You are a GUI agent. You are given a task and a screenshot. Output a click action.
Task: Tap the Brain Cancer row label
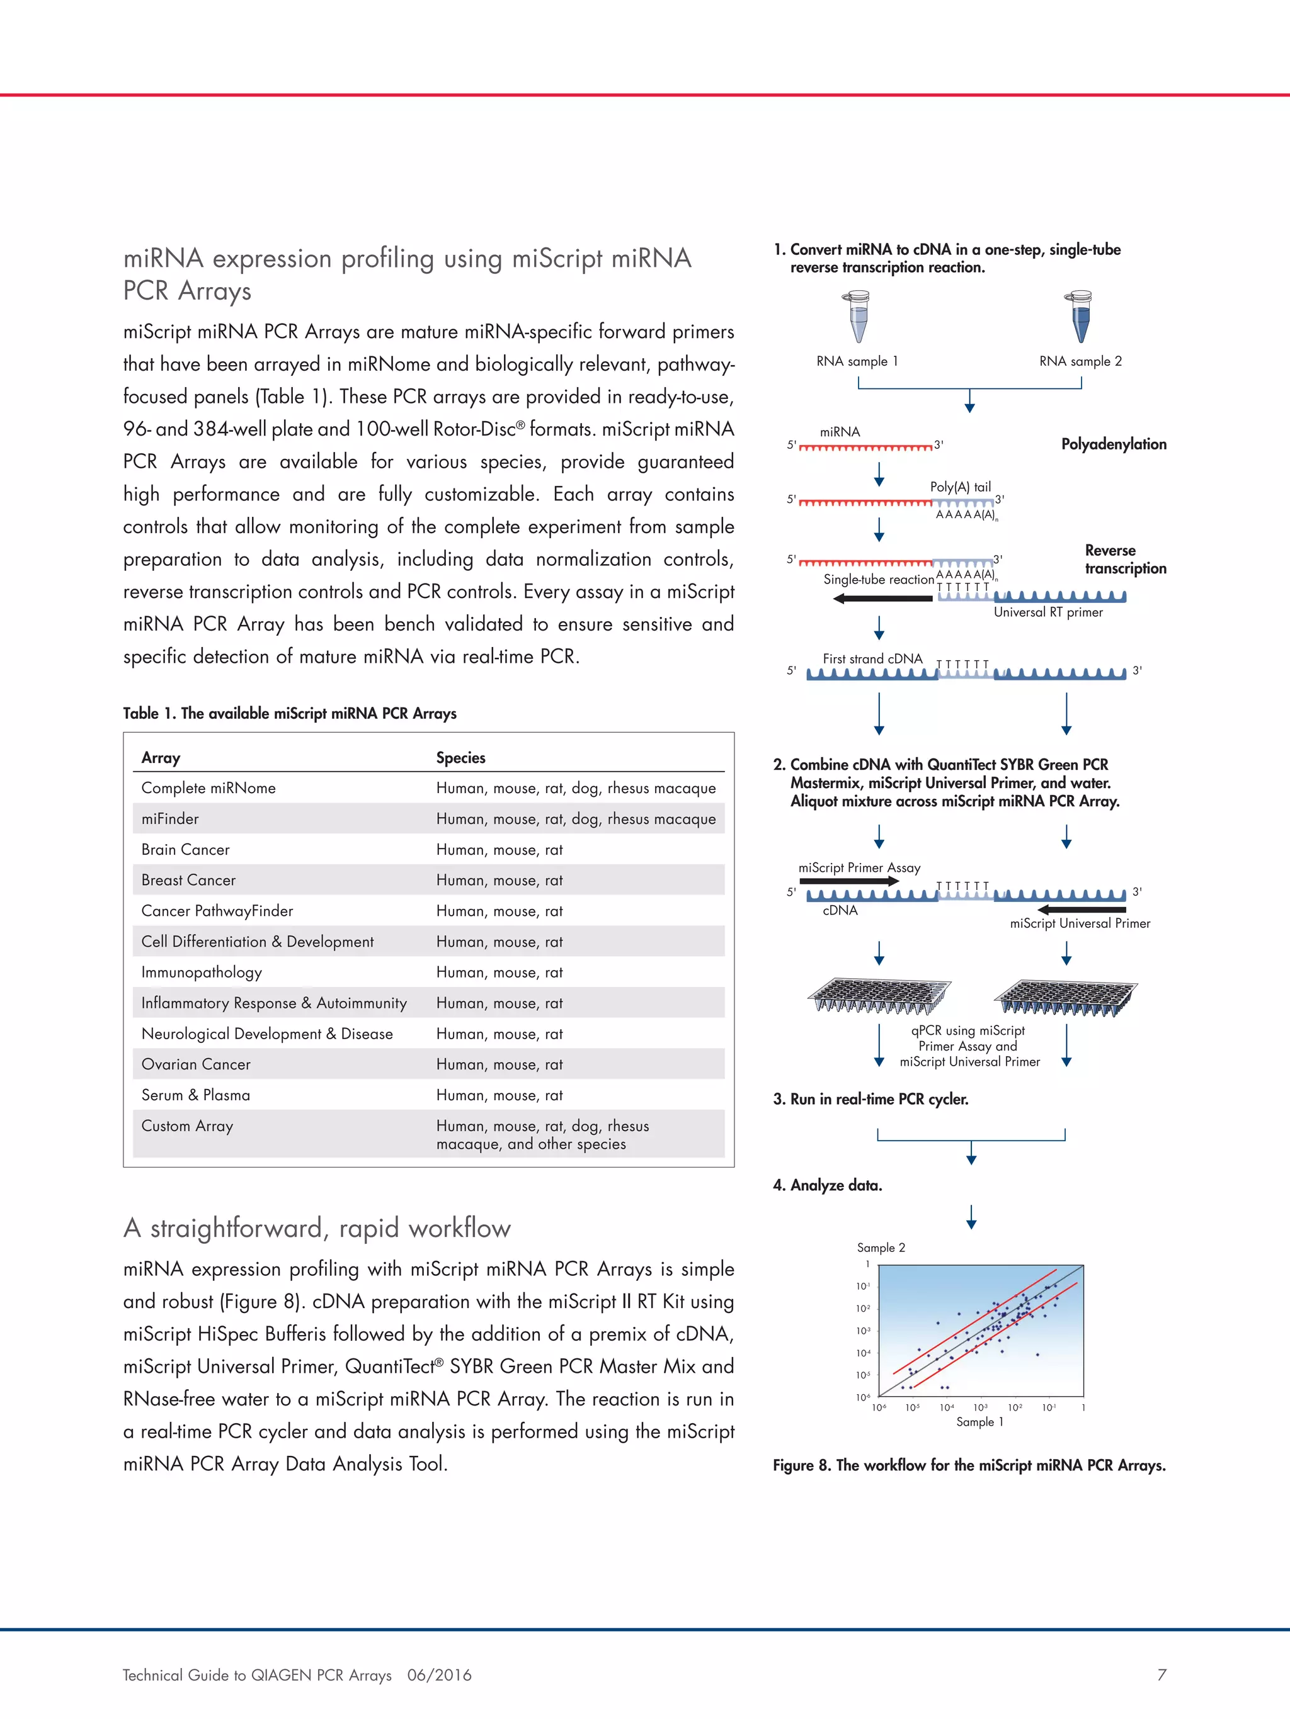pyautogui.click(x=185, y=849)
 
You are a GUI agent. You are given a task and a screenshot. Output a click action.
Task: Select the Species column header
pyautogui.click(x=460, y=758)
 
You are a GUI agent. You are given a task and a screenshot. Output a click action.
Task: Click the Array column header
pyautogui.click(x=161, y=758)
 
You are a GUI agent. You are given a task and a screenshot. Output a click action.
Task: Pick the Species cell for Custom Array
pyautogui.click(x=542, y=1135)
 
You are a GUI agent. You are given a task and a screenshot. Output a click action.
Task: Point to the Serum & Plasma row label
pyautogui.click(x=195, y=1095)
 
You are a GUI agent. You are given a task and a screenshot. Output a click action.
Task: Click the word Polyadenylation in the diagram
pyautogui.click(x=1114, y=444)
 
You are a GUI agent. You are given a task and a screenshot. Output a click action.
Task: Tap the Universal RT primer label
pyautogui.click(x=1048, y=612)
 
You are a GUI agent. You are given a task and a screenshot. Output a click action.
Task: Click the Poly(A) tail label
pyautogui.click(x=961, y=487)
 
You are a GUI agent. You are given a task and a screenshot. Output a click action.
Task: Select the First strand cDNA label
pyautogui.click(x=872, y=659)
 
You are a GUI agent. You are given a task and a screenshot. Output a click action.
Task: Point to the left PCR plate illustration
pyautogui.click(x=879, y=996)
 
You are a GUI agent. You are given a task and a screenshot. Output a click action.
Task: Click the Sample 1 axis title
pyautogui.click(x=979, y=1421)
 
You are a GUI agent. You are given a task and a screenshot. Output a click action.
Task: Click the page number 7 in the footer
pyautogui.click(x=1162, y=1675)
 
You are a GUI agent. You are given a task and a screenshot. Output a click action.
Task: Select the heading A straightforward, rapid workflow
pyautogui.click(x=316, y=1228)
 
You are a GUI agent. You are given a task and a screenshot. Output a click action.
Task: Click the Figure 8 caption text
pyautogui.click(x=969, y=1465)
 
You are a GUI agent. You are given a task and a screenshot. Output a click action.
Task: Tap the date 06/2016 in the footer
pyautogui.click(x=439, y=1675)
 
